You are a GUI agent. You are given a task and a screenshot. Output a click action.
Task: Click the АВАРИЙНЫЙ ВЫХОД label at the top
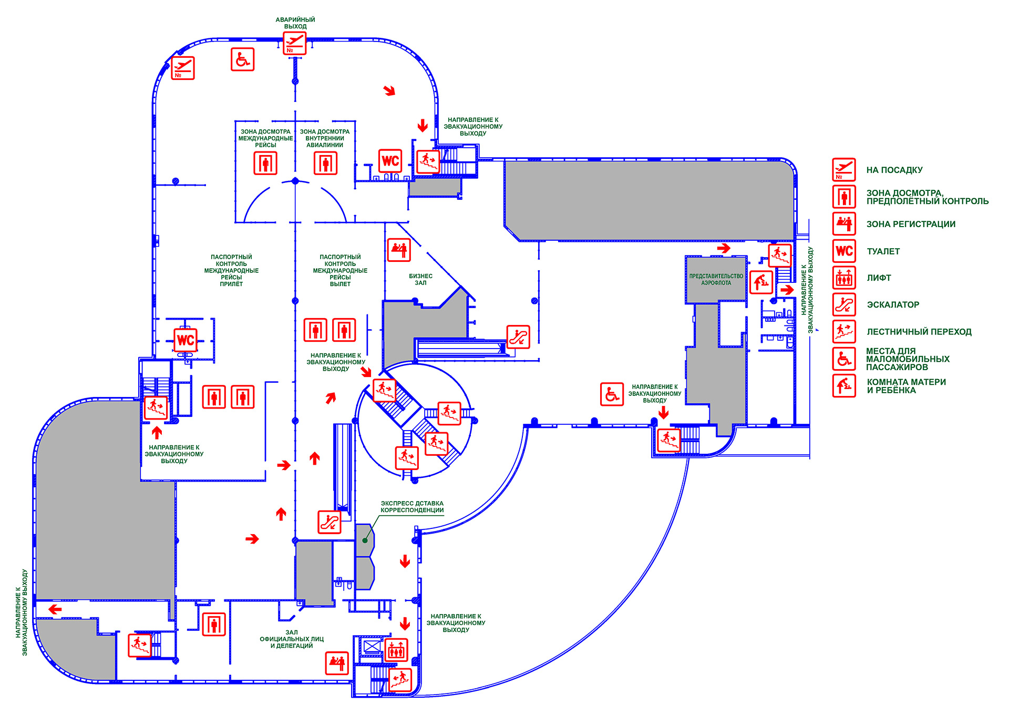pos(295,23)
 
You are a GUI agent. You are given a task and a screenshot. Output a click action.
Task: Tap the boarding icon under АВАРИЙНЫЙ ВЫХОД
pos(294,43)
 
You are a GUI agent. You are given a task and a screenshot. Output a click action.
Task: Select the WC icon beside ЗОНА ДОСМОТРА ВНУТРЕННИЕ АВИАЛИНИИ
pos(390,161)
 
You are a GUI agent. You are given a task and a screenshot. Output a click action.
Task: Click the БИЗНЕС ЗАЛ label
pos(420,279)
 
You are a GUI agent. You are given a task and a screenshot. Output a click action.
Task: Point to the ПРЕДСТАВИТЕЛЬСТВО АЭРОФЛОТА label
pos(716,279)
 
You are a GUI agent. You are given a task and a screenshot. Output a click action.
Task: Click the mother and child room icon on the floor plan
pos(761,282)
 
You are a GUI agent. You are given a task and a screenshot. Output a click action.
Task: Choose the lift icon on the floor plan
pos(396,650)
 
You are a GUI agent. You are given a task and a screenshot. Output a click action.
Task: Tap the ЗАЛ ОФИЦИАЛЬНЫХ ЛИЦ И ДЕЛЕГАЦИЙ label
pos(292,639)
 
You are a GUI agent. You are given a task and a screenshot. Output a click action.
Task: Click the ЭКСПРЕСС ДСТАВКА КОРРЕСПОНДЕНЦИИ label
pos(412,506)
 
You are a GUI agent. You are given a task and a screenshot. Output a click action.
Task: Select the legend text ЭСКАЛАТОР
pos(893,304)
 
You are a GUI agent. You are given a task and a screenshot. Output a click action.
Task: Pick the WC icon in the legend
pos(844,251)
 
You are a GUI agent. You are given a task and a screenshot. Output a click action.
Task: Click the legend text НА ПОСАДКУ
pos(894,170)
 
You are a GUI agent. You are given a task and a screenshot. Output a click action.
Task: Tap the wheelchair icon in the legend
pos(844,359)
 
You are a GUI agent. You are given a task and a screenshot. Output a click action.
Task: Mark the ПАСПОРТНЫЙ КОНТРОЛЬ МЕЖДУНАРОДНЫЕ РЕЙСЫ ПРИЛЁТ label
pos(231,270)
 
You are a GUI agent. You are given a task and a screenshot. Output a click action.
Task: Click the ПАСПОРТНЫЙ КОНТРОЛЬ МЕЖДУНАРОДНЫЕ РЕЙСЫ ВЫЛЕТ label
pos(340,270)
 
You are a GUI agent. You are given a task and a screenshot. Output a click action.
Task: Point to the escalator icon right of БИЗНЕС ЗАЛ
pos(518,336)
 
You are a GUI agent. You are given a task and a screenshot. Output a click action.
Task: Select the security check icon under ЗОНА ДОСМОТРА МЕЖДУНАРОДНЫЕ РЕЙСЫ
pos(265,163)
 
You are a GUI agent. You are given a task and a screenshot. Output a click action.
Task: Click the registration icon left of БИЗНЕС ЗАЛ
pos(399,250)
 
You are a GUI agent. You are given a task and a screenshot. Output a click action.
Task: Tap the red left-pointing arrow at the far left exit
pos(55,609)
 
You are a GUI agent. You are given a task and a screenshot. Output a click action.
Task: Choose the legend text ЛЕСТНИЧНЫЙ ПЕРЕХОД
pos(919,332)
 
